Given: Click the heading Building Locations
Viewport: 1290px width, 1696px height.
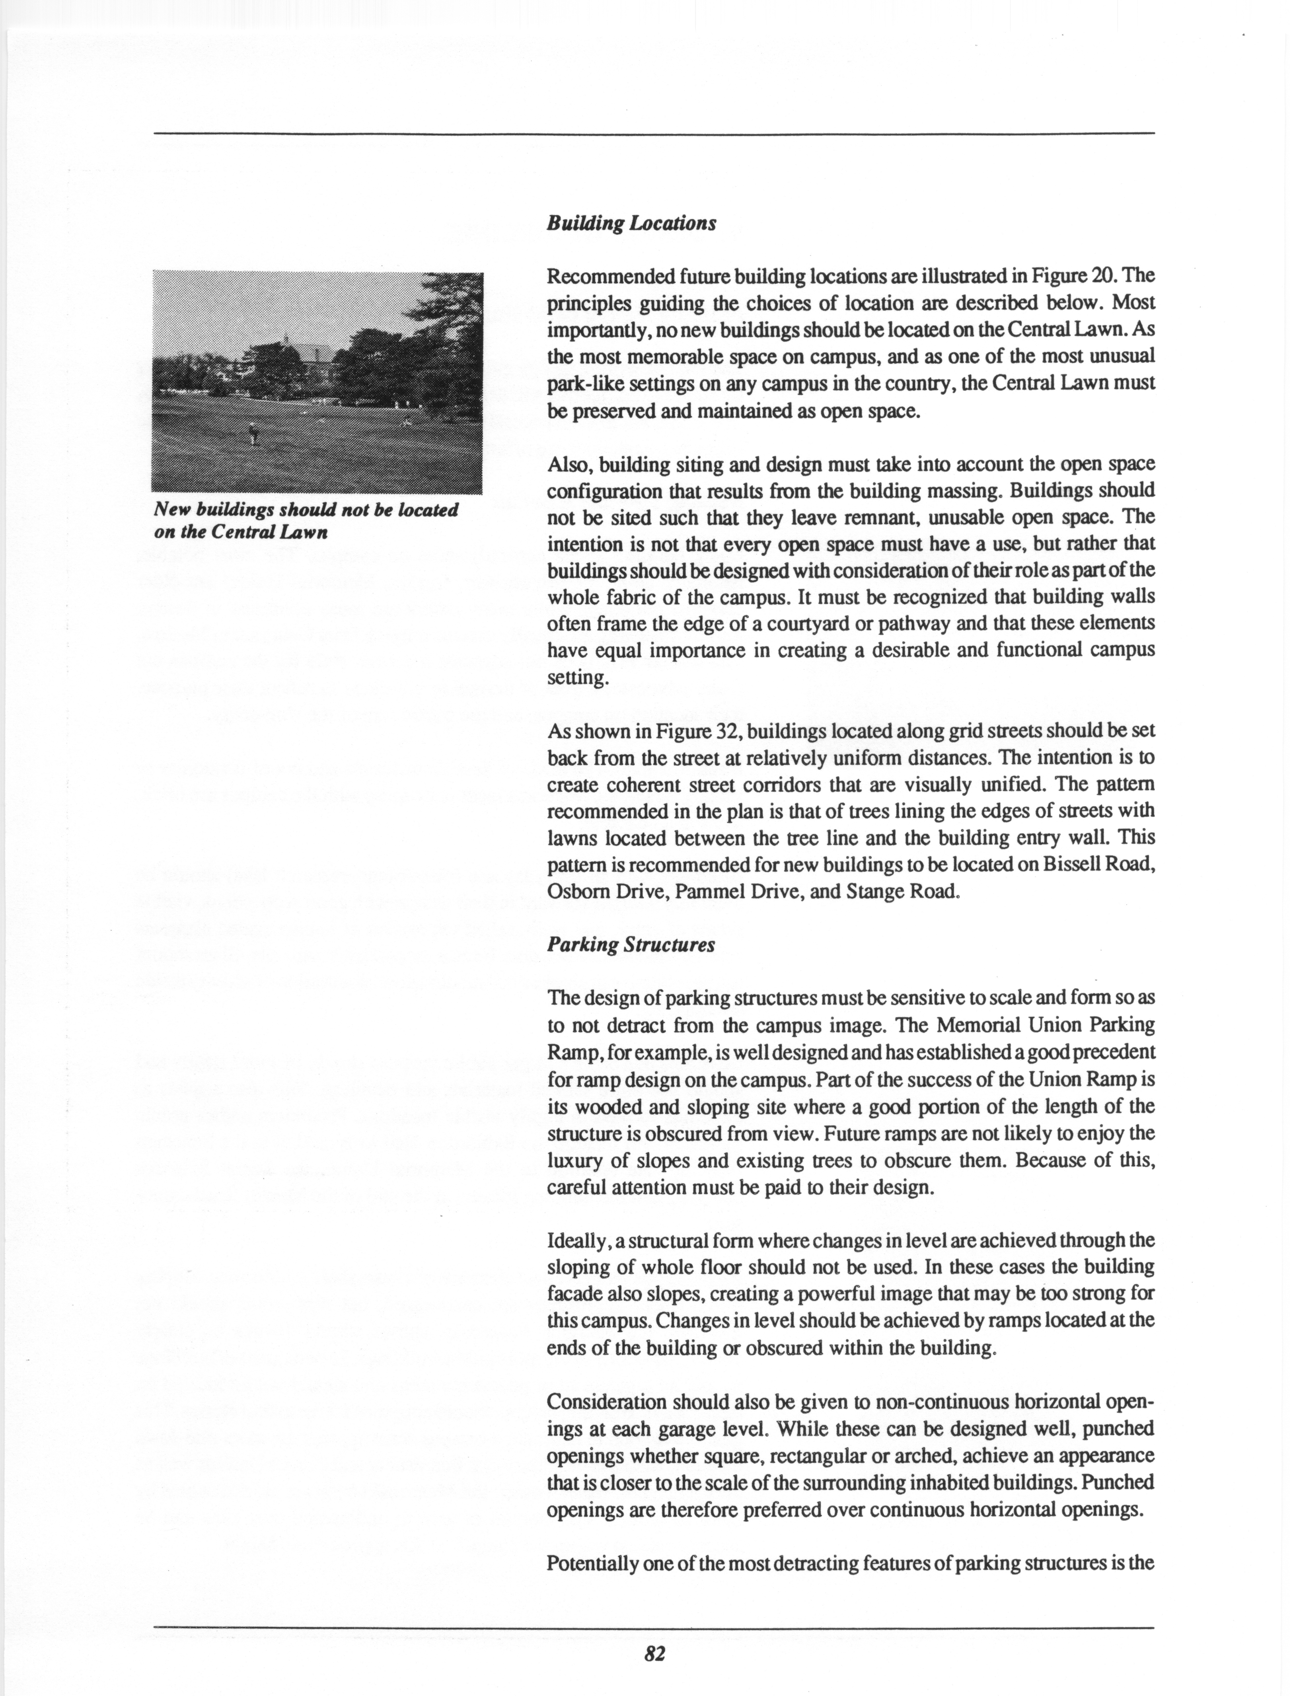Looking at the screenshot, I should [631, 223].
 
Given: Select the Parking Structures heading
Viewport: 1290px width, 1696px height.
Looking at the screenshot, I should [630, 945].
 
